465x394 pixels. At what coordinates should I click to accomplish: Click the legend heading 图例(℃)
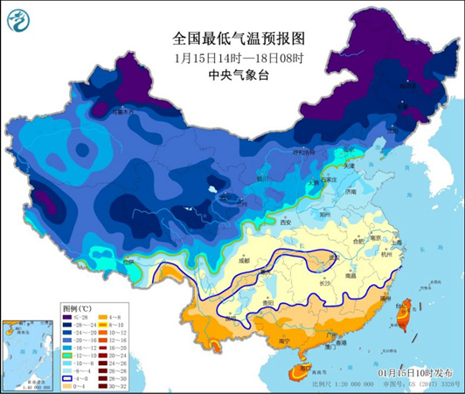77,309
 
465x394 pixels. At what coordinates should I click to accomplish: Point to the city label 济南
350,191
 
